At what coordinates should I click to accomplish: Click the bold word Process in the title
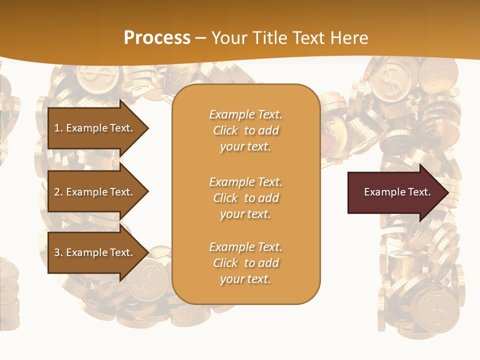tap(157, 38)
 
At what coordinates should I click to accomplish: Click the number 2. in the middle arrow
tap(58, 192)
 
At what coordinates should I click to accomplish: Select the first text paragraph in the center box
tap(245, 130)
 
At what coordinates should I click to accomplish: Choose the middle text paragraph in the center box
tap(245, 198)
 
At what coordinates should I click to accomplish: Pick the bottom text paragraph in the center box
tap(245, 263)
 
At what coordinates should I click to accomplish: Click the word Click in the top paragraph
tap(225, 130)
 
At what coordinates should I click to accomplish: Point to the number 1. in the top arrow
tap(58, 128)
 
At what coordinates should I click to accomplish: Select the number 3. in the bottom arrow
tap(58, 252)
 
